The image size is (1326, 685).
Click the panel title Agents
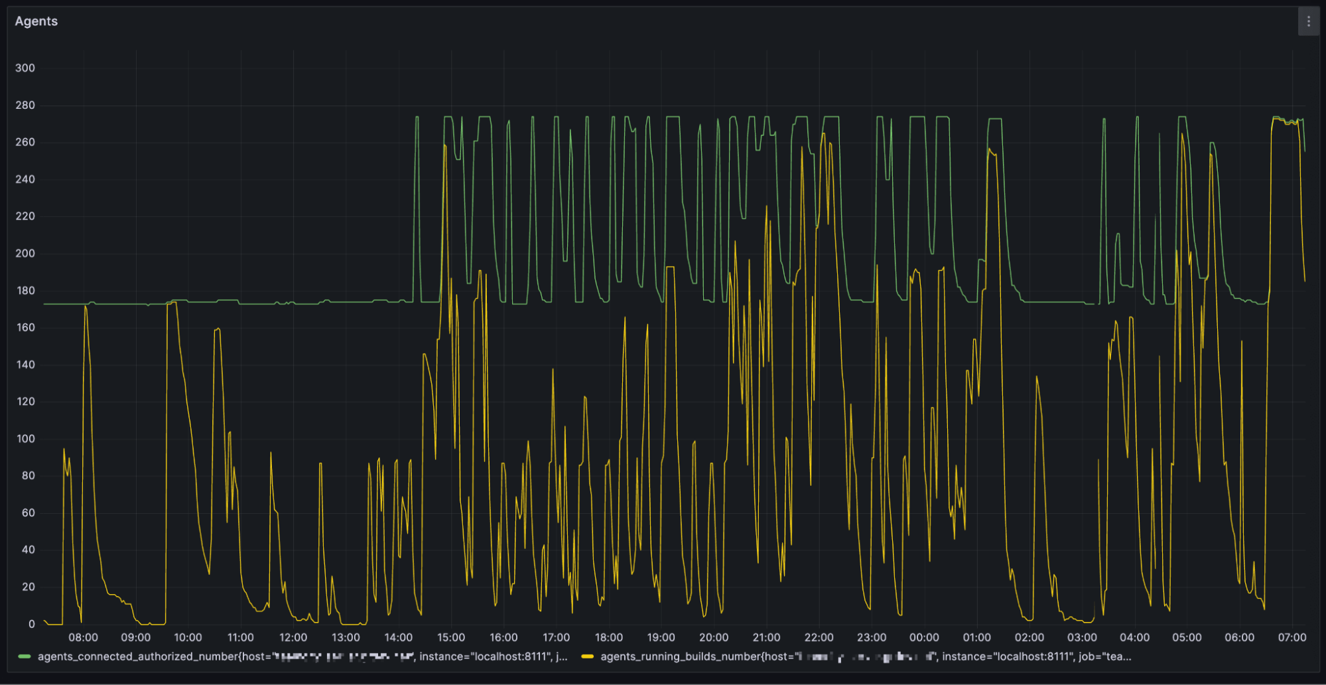pyautogui.click(x=36, y=21)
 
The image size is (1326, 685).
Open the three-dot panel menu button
pyautogui.click(x=1308, y=22)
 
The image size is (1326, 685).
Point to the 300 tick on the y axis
pyautogui.click(x=25, y=68)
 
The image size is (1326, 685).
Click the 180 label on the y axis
pyautogui.click(x=25, y=290)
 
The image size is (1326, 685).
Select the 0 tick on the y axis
pyautogui.click(x=31, y=624)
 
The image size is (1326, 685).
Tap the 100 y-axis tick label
pyautogui.click(x=25, y=439)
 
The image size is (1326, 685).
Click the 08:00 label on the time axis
pyautogui.click(x=83, y=637)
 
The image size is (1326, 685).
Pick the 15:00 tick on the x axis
pyautogui.click(x=451, y=637)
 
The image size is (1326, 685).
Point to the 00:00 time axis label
pyautogui.click(x=924, y=637)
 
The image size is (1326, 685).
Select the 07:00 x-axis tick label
pyautogui.click(x=1292, y=637)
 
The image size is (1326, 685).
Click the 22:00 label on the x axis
pyautogui.click(x=819, y=637)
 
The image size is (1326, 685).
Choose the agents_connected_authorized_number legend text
pyautogui.click(x=302, y=656)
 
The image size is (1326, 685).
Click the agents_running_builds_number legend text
pyautogui.click(x=866, y=656)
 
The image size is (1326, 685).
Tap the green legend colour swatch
pyautogui.click(x=25, y=656)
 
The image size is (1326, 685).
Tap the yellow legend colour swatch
pyautogui.click(x=587, y=656)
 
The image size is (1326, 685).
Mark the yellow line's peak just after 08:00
pyautogui.click(x=86, y=307)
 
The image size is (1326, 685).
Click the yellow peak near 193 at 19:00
pyautogui.click(x=670, y=267)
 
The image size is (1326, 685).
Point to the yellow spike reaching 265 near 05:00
pyautogui.click(x=1182, y=134)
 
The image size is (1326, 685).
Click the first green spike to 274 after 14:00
pyautogui.click(x=417, y=117)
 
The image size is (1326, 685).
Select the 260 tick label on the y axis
pyautogui.click(x=25, y=142)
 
